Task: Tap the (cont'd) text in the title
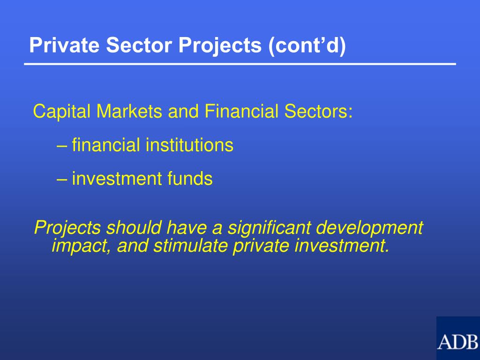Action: pyautogui.click(x=307, y=45)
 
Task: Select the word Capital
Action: pyautogui.click(x=63, y=112)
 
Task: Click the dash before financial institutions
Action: pyautogui.click(x=62, y=146)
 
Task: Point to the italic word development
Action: pyautogui.click(x=369, y=228)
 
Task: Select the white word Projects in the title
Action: pyautogui.click(x=219, y=45)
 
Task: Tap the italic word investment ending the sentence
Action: pyautogui.click(x=342, y=246)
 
